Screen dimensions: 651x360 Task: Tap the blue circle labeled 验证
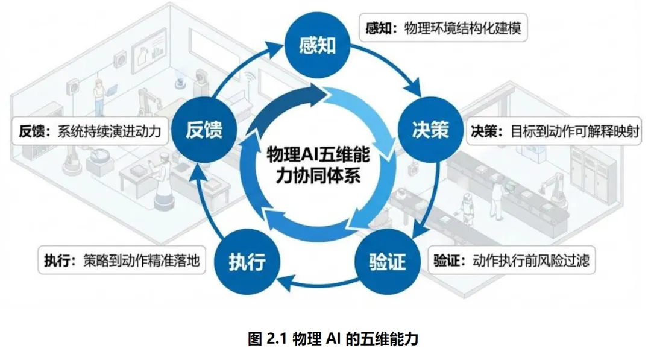[387, 262]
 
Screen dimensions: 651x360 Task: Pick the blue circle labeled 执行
[247, 262]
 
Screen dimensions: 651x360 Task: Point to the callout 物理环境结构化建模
[443, 28]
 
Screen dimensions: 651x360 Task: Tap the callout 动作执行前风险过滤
[511, 261]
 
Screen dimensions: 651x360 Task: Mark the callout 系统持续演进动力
[89, 131]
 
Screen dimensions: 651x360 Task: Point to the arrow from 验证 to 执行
[316, 282]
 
